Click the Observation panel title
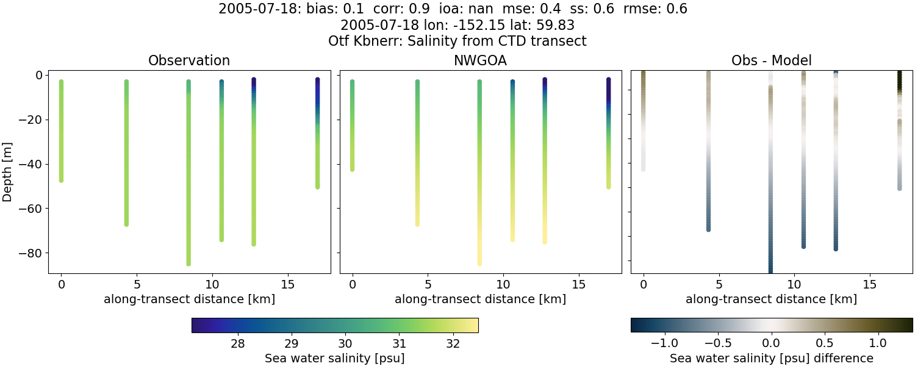point(189,60)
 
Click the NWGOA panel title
point(480,60)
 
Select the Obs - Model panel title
point(771,60)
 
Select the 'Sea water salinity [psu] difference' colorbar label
point(772,358)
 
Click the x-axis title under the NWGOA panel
point(480,299)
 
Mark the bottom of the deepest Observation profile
point(188,264)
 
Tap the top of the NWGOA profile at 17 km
point(608,80)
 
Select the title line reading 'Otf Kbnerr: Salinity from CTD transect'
point(457,41)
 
